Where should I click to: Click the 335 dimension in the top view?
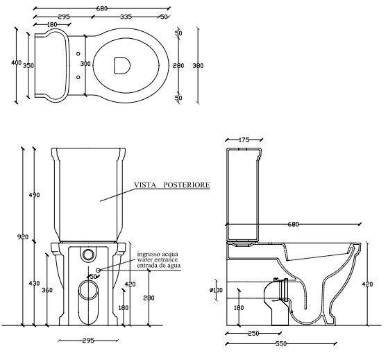(126, 17)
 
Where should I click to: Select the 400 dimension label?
(17, 63)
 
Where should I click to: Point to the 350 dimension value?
(28, 66)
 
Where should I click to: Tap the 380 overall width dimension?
(198, 65)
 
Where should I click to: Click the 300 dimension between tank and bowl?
(85, 64)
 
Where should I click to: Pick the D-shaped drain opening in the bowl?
(122, 65)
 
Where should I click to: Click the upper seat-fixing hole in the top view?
(78, 53)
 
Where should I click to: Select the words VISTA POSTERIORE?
(172, 185)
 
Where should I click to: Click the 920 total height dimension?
(23, 237)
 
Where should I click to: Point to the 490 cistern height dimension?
(34, 195)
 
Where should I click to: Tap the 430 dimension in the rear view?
(34, 283)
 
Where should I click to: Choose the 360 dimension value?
(47, 290)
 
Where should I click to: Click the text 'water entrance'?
(158, 259)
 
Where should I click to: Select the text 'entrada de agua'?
(159, 266)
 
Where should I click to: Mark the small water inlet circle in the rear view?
(99, 271)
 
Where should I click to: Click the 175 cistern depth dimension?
(244, 140)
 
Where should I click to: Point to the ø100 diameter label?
(216, 290)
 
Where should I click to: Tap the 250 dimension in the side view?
(253, 334)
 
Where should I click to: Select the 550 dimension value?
(281, 343)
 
